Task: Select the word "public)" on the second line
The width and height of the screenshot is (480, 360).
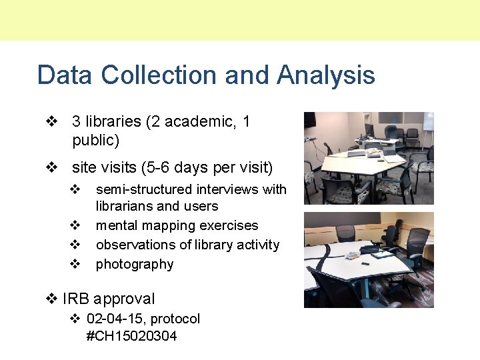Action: pyautogui.click(x=95, y=141)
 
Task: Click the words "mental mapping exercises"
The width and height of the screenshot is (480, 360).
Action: pyautogui.click(x=177, y=225)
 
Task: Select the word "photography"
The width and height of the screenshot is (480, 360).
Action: pyautogui.click(x=134, y=264)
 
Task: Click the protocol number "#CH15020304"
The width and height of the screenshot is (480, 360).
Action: pyautogui.click(x=131, y=336)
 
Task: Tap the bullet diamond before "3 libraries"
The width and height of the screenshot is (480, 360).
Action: pyautogui.click(x=51, y=122)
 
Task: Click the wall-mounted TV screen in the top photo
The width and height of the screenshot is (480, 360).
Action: pyautogui.click(x=309, y=121)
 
